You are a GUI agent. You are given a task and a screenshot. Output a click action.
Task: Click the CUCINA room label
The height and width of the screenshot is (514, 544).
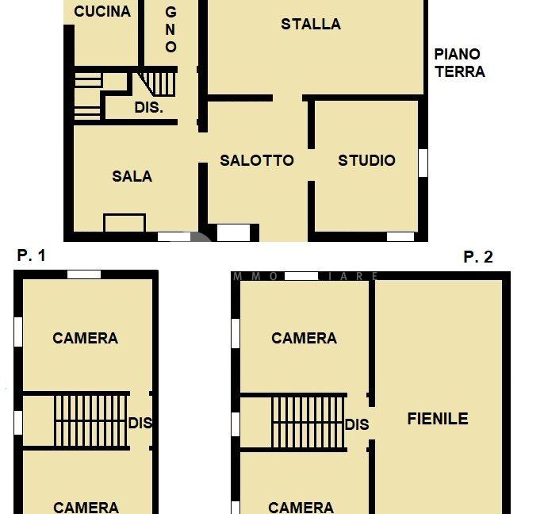102,12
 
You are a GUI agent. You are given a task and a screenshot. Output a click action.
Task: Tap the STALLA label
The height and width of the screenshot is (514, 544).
311,25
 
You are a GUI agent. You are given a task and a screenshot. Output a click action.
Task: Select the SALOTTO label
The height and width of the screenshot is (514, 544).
257,160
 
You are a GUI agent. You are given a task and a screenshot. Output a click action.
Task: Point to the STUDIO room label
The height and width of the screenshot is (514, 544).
366,160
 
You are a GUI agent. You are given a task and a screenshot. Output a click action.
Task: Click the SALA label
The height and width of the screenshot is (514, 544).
132,176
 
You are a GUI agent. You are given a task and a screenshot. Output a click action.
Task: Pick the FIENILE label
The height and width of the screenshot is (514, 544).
438,418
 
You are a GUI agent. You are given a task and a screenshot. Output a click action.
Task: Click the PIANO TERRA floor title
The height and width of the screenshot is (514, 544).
458,63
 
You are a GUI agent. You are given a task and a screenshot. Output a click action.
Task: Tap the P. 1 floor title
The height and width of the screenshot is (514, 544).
31,255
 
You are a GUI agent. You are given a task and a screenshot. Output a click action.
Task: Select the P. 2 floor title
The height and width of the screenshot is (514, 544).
478,256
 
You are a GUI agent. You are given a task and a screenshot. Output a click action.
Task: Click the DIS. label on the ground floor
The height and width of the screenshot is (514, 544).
149,108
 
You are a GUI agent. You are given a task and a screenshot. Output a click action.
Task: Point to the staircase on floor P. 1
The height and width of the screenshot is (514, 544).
90,420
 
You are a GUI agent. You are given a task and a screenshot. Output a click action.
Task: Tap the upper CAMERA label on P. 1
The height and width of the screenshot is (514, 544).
86,338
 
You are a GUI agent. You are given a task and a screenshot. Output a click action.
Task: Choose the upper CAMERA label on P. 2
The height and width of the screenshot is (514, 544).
304,338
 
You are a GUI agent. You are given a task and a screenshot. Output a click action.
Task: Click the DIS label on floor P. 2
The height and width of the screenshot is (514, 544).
357,424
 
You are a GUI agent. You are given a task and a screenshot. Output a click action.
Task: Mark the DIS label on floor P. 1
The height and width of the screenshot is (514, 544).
140,423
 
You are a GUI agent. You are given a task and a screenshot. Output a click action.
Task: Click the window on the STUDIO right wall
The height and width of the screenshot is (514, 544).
423,162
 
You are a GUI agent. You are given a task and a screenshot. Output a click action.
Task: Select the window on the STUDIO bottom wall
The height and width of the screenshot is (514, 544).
400,236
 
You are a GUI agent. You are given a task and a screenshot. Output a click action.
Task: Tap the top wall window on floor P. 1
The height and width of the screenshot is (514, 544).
83,274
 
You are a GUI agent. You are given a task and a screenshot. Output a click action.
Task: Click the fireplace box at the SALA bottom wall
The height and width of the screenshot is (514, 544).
125,223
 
